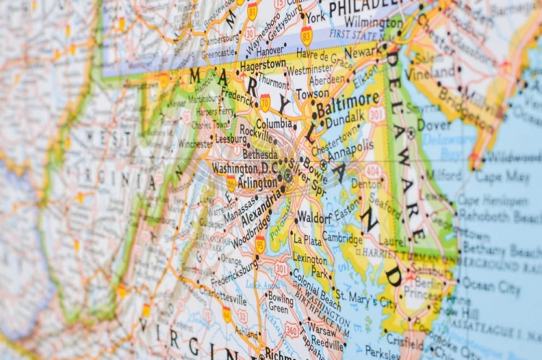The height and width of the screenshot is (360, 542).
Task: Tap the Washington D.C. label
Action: click(244, 168)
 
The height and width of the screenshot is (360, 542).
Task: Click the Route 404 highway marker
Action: click(373, 170)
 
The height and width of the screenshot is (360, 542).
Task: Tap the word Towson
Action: click(312, 94)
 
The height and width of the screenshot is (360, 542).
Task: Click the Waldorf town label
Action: click(314, 217)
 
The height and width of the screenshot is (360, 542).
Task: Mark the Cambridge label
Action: click(342, 237)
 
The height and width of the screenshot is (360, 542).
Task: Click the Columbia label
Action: click(274, 124)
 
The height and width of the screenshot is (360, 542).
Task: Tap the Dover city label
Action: click(434, 124)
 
